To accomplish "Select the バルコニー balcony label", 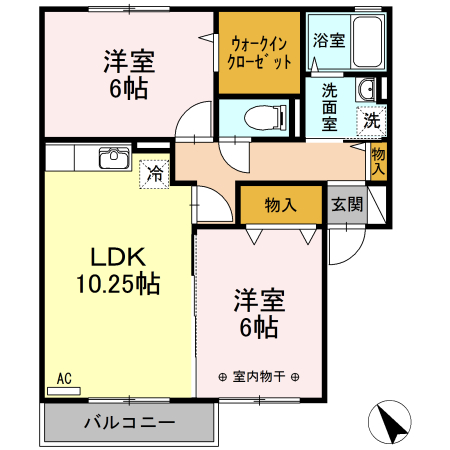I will click(x=129, y=421).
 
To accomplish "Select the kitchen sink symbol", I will click(x=113, y=159).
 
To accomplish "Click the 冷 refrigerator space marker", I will click(x=155, y=173).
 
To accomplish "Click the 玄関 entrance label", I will click(x=347, y=205).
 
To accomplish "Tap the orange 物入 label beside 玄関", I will click(x=281, y=205).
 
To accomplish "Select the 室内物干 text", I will click(x=260, y=377).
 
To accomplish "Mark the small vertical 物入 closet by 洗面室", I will click(x=378, y=160).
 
